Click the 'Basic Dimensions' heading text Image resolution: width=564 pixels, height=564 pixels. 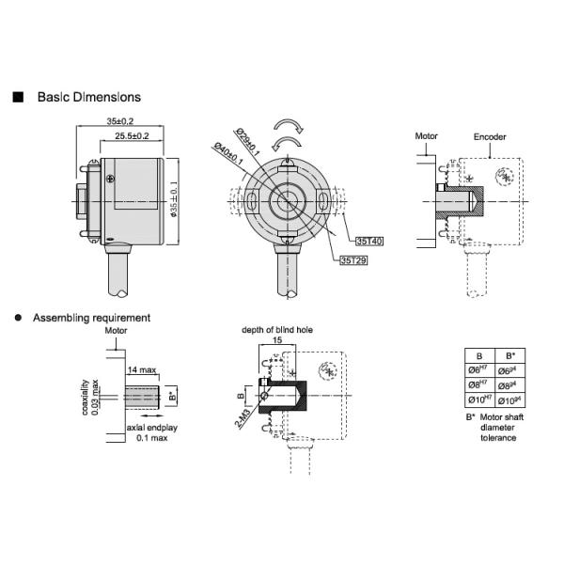tap(88, 97)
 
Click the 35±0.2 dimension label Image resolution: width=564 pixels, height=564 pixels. tap(119, 121)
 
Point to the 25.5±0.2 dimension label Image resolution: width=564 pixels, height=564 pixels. tap(132, 136)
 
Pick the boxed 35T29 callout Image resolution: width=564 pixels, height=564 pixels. tap(353, 260)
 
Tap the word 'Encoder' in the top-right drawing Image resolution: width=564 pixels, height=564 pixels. tap(490, 136)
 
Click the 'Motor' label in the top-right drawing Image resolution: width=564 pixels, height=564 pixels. tap(427, 136)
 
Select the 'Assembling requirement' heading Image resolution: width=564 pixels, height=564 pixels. tap(91, 319)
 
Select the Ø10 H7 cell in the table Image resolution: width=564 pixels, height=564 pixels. tap(479, 399)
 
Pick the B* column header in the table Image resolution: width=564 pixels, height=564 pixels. tap(509, 356)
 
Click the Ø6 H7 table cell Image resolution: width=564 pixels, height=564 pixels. tap(479, 370)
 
